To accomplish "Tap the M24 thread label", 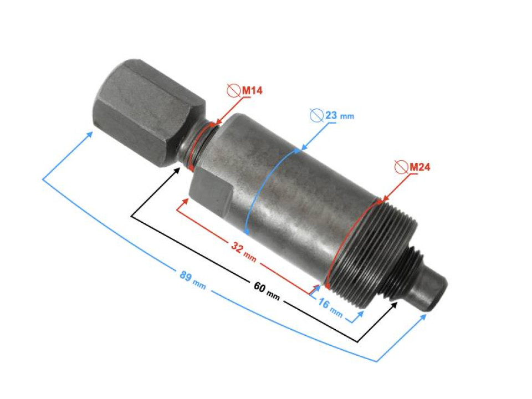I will tap(420, 166).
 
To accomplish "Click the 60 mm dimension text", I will tap(267, 288).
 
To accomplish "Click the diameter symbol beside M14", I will tap(233, 90).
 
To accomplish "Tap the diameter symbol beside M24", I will tap(401, 166).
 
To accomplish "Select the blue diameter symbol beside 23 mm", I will tap(316, 115).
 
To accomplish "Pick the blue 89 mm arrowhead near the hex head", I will tap(90, 134).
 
